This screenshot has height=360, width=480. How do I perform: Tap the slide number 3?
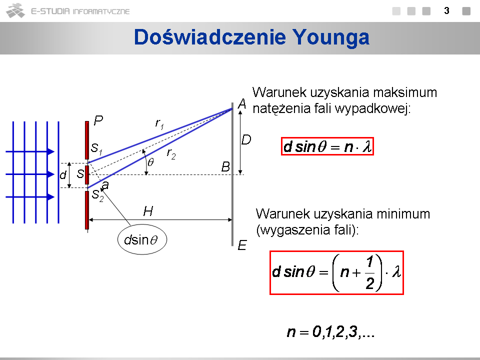click(446, 11)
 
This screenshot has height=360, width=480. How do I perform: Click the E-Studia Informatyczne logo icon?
click(15, 10)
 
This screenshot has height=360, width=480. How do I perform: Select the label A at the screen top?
click(242, 104)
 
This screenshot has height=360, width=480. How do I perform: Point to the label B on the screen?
click(225, 167)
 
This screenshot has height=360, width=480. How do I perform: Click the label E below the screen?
click(242, 245)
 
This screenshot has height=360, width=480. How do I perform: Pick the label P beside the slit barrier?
click(98, 120)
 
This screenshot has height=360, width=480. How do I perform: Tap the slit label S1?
click(96, 149)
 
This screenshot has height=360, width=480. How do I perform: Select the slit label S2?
click(97, 195)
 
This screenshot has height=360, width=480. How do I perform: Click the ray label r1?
click(159, 124)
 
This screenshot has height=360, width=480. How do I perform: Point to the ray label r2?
click(171, 153)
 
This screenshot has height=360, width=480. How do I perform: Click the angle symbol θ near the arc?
click(150, 162)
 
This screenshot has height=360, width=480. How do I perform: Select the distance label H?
click(148, 211)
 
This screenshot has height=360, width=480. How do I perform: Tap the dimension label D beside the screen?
click(246, 140)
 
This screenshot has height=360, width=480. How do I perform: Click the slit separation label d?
click(63, 175)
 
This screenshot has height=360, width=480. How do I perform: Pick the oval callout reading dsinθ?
click(142, 239)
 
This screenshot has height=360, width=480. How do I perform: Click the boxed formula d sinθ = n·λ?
click(327, 146)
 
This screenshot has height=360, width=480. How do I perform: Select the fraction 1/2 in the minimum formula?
click(370, 272)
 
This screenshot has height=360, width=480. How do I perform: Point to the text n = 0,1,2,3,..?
click(330, 331)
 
